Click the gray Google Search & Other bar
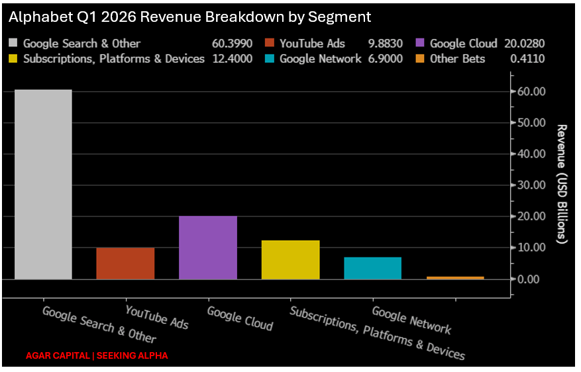tap(43, 184)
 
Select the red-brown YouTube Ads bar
tap(125, 263)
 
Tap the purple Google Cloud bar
tap(208, 248)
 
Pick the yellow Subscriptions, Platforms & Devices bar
tap(290, 260)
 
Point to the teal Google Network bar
tap(373, 268)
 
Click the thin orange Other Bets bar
tap(455, 278)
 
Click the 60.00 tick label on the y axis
tap(531, 91)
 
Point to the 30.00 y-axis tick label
tap(531, 185)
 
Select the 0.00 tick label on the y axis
tap(529, 279)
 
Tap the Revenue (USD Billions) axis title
tap(562, 184)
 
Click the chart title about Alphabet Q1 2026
tap(189, 17)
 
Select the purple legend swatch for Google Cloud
tap(420, 42)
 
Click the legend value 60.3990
tap(233, 44)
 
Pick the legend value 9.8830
tap(386, 44)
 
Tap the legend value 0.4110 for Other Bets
tap(527, 59)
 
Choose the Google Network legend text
tap(321, 59)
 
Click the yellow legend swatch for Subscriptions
tap(13, 58)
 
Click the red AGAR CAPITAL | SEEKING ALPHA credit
tap(97, 355)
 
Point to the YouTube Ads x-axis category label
tap(157, 317)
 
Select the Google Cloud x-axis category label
tap(240, 318)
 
